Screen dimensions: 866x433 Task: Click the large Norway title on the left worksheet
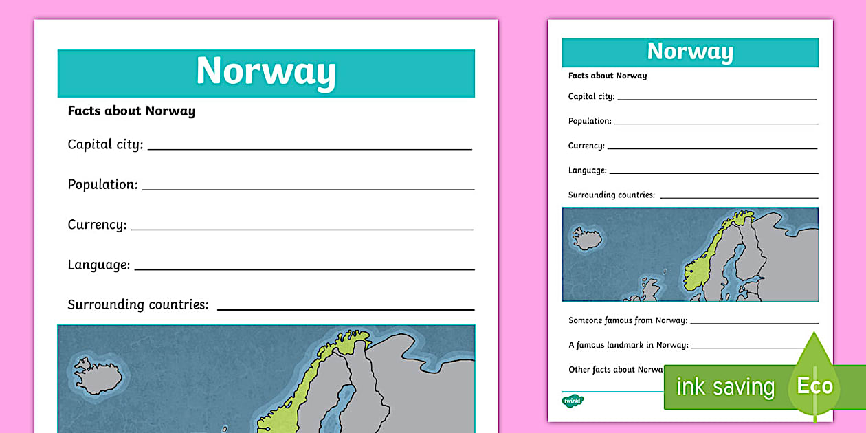click(266, 71)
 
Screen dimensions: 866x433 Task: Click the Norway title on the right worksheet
click(690, 52)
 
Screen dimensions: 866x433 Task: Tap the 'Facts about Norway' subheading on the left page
click(131, 111)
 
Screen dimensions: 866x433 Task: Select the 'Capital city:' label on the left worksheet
click(105, 144)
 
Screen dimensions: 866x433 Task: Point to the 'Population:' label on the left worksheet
click(102, 184)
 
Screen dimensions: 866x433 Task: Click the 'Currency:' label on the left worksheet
click(97, 225)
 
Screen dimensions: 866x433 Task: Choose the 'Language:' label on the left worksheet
click(98, 265)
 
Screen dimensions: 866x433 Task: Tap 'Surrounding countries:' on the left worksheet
click(137, 304)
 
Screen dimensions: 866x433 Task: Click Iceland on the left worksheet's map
click(98, 375)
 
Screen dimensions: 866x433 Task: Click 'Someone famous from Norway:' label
click(628, 320)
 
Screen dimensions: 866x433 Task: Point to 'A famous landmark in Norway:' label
click(628, 345)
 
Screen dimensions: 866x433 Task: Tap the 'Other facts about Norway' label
click(615, 370)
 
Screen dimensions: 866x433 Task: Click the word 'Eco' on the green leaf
click(814, 386)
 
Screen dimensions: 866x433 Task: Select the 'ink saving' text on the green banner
click(725, 387)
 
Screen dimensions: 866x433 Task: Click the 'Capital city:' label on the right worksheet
click(591, 96)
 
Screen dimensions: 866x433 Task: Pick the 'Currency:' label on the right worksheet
click(586, 146)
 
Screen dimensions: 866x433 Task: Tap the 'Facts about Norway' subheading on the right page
click(608, 76)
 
